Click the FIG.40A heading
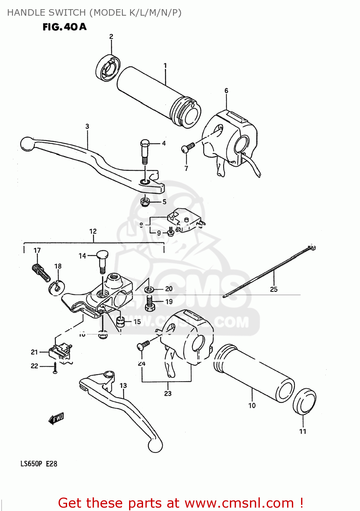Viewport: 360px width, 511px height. pos(64,27)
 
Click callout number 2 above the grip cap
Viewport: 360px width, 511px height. pos(111,36)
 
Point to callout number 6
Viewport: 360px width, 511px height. pos(226,91)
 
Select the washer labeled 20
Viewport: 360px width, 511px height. pos(149,289)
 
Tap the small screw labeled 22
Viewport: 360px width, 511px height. pos(55,368)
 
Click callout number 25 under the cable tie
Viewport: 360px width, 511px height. pos(274,289)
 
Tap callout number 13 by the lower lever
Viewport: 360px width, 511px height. pos(123,385)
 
